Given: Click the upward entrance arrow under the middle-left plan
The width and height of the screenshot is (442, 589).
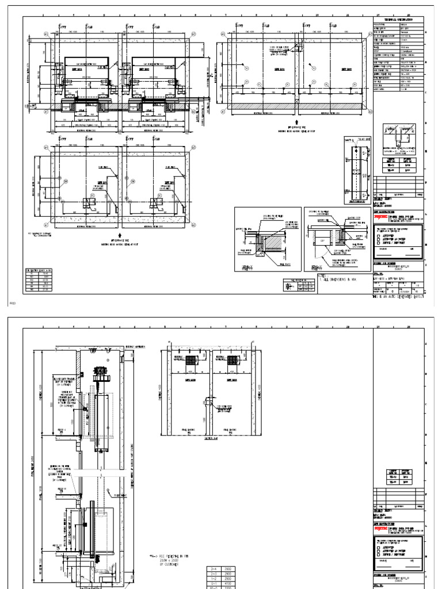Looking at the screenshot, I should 119,235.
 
